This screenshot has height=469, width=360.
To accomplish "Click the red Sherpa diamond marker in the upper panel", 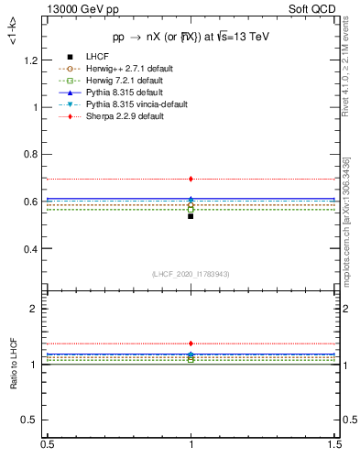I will click(x=191, y=179).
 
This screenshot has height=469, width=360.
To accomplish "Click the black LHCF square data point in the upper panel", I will click(x=191, y=216).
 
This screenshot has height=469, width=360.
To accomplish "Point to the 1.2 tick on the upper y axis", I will click(x=33, y=60).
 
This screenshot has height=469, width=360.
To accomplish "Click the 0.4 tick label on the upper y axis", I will click(x=33, y=249).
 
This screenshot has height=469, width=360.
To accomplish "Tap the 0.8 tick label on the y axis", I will click(x=33, y=154).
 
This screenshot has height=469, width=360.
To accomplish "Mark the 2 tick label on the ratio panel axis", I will click(x=38, y=310).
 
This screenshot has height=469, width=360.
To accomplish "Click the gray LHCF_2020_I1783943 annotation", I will click(x=191, y=274).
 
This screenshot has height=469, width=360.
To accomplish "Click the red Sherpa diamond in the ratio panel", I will click(x=191, y=344).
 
